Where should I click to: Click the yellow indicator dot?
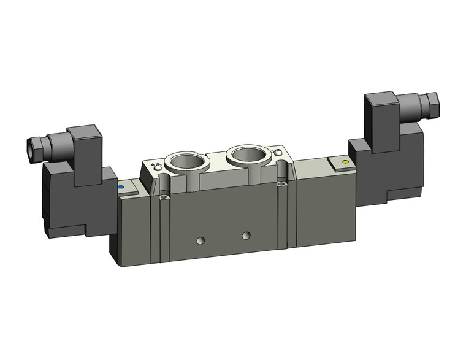(345, 163)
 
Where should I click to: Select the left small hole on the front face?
(201, 240)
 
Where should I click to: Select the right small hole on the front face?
(246, 235)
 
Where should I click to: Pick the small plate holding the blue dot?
(126, 190)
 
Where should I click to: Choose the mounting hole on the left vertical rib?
(164, 198)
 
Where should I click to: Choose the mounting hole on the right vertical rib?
(281, 183)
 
